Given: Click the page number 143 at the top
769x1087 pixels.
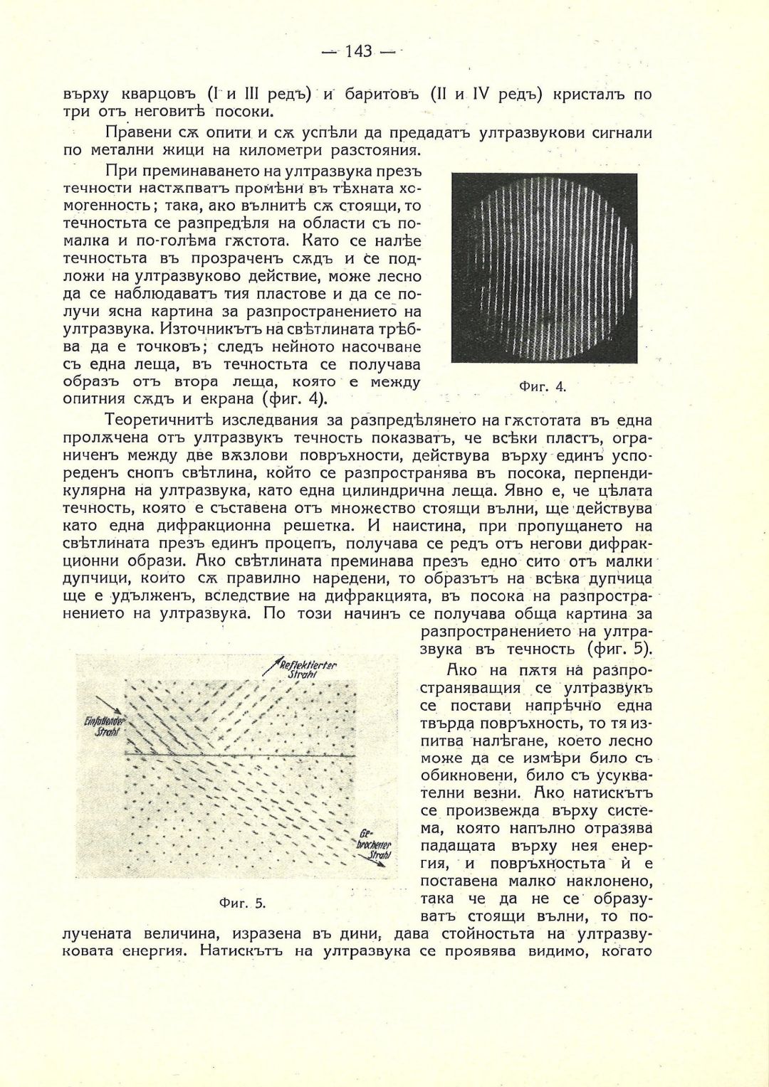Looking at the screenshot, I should click(358, 51).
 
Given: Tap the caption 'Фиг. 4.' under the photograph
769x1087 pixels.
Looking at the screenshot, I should click(542, 386).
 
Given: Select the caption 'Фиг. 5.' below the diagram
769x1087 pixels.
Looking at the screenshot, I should click(242, 903).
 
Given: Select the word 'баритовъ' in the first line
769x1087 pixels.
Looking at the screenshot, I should click(383, 94).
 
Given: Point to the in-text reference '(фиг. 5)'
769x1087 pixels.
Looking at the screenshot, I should click(620, 649).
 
